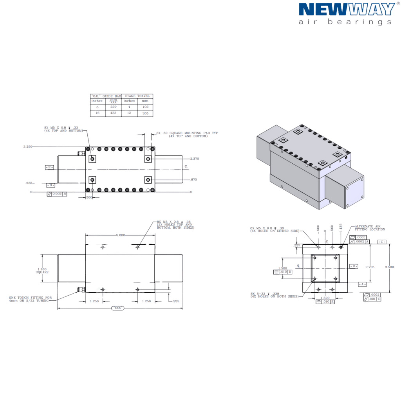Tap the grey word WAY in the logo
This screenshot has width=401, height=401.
(372, 9)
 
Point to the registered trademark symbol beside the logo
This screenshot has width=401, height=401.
(397, 3)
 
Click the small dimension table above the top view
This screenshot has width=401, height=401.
(122, 105)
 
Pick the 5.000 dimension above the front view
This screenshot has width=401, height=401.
(120, 235)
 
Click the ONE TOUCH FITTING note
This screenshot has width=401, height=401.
(31, 300)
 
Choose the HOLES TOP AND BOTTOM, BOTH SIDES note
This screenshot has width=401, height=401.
(175, 224)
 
